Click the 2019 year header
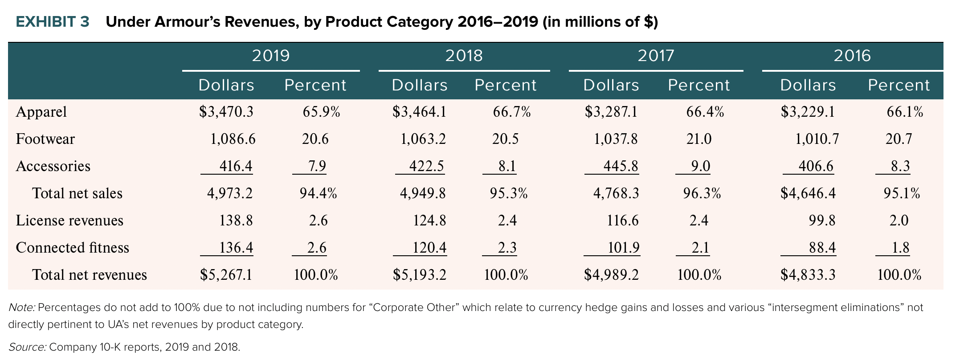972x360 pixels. point(271,56)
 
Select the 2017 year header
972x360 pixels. point(656,56)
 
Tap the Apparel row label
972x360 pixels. point(41,112)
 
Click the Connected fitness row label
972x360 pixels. point(73,248)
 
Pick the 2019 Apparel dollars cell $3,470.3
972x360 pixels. point(226,112)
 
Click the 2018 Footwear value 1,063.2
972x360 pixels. point(423,139)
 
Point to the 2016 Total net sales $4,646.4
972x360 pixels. point(808,193)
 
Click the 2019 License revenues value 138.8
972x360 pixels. point(236,221)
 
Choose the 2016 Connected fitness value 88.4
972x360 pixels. point(822,248)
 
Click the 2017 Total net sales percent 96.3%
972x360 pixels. point(702,193)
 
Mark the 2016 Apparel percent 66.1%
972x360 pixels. point(905,112)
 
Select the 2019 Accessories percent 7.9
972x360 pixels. point(317,166)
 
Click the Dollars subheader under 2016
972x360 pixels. point(808,85)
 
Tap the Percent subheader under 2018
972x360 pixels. point(506,85)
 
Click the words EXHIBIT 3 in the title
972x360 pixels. point(53,22)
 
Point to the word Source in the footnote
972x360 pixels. point(27,347)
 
